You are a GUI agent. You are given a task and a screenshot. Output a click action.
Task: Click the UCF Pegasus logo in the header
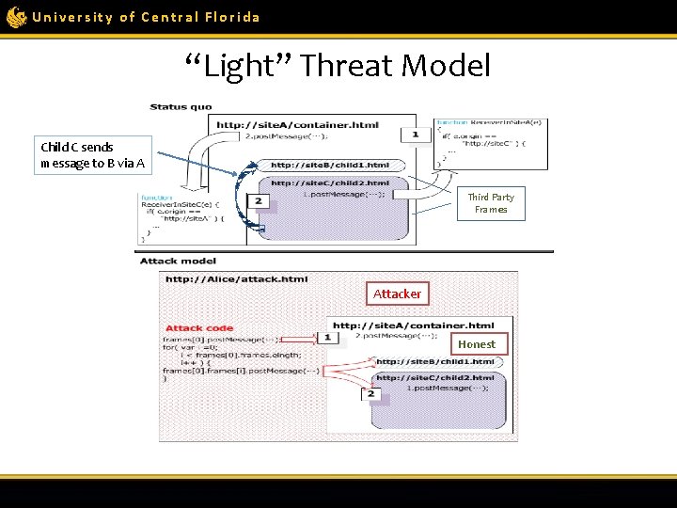(x=16, y=17)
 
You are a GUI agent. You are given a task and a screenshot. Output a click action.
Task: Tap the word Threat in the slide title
(x=348, y=66)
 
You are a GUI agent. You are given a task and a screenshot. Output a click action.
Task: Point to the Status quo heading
(x=181, y=107)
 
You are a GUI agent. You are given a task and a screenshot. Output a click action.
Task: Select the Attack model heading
(x=178, y=261)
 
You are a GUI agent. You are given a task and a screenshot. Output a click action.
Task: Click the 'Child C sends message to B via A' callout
(x=93, y=155)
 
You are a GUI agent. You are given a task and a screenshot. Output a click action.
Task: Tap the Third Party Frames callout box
(x=491, y=203)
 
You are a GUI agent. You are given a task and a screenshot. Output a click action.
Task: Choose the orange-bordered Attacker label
(x=397, y=294)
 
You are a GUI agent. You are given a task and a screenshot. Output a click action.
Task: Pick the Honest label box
(x=477, y=344)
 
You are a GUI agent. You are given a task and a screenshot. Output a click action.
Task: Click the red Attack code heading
(x=199, y=328)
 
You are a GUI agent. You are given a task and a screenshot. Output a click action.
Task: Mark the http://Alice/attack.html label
(x=236, y=278)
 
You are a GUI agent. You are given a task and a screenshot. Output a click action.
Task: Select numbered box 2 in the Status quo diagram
(x=259, y=201)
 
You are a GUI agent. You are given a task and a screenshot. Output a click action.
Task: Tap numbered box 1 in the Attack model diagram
(x=327, y=336)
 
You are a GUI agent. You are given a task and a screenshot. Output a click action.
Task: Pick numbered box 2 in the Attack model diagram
(x=371, y=393)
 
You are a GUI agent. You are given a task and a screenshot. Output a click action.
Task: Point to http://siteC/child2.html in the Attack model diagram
(x=435, y=377)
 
